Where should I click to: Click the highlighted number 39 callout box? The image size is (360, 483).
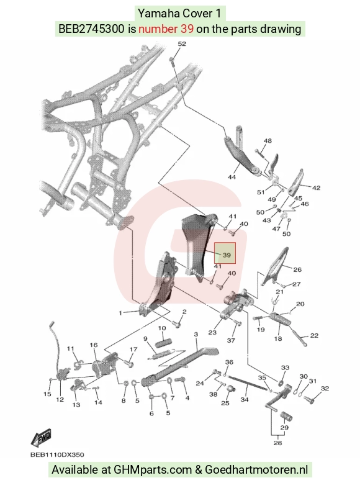click(225, 253)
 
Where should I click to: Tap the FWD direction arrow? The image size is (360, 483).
click(41, 438)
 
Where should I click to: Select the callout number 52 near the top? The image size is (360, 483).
click(182, 43)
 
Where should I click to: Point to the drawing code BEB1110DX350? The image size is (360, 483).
click(57, 454)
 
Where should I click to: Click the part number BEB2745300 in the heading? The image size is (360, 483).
click(91, 29)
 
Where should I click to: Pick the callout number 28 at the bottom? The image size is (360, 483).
click(278, 443)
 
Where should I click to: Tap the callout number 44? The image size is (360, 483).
click(232, 177)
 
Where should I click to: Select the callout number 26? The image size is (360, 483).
click(297, 269)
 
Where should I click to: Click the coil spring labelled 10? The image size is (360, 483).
click(163, 343)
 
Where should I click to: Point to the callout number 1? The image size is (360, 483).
click(120, 313)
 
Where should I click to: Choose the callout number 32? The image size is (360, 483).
click(325, 389)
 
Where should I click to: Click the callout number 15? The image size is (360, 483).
click(47, 394)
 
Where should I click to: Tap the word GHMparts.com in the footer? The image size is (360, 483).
click(153, 470)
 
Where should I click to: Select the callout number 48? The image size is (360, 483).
click(268, 141)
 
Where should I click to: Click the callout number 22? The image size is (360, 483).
click(314, 335)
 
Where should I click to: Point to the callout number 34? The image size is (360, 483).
click(245, 399)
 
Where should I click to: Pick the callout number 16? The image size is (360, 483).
click(94, 345)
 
